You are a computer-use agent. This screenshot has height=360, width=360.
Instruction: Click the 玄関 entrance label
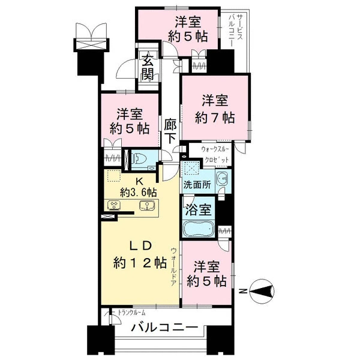tap(148, 67)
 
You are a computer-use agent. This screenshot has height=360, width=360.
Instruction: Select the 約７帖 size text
tap(215, 118)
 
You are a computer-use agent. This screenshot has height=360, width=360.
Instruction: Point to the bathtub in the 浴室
tap(199, 229)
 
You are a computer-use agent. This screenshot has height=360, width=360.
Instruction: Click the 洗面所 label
tap(197, 185)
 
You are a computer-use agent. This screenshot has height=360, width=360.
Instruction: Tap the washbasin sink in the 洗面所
tap(222, 178)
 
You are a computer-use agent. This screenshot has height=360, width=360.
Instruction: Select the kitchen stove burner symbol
tap(114, 205)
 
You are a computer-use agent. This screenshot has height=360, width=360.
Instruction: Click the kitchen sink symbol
tap(146, 205)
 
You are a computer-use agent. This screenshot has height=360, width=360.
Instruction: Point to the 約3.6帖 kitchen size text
tap(138, 193)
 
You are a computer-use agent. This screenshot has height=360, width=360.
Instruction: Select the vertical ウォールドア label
tap(173, 267)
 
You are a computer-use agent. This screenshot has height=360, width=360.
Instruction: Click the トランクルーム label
tap(131, 312)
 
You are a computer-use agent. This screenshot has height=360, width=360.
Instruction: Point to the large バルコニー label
tap(164, 328)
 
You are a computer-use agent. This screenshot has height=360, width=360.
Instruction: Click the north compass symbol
tap(262, 292)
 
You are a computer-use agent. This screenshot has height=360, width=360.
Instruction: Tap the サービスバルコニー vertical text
tap(236, 30)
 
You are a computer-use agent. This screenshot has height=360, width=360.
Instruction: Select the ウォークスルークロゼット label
tap(215, 154)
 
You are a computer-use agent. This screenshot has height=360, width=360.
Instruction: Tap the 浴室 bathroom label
tap(198, 210)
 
